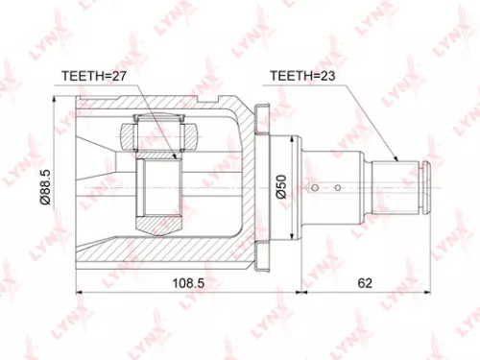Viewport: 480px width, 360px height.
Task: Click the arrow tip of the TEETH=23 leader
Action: [x=395, y=158]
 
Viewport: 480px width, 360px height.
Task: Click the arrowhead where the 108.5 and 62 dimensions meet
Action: [x=301, y=293]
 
